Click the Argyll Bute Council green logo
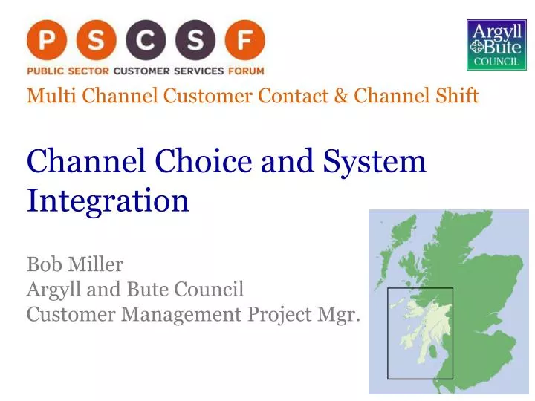coord(496,45)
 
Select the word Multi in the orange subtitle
coord(44,96)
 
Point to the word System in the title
coord(378,163)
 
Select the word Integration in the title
coord(108,201)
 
